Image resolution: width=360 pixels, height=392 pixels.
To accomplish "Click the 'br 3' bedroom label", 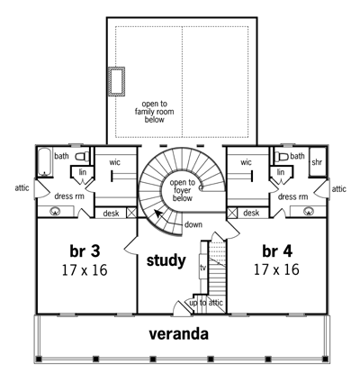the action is tap(85, 251).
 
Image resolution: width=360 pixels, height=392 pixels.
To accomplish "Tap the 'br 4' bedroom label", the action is tap(277, 251).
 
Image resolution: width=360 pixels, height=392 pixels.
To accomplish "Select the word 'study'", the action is tap(166, 260).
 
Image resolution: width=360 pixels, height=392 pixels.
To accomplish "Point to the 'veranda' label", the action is tap(179, 334).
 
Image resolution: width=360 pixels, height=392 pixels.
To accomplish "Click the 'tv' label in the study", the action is tap(202, 268).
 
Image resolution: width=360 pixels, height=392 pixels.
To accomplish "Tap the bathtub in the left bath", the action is tap(45, 162).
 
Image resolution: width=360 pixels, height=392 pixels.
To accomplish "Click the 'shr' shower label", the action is tap(317, 162).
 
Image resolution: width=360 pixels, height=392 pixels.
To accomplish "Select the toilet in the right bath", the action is tap(282, 157).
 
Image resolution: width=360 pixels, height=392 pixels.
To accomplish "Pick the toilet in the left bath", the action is tap(82, 157).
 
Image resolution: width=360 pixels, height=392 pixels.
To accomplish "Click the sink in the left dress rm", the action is tap(55, 211).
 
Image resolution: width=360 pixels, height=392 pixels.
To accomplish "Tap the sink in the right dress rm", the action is tap(308, 211).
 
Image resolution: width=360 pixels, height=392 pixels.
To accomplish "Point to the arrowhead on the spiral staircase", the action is tap(157, 214).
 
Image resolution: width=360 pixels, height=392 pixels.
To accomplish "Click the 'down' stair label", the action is tap(193, 224).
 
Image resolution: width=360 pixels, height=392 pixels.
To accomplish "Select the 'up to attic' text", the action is tap(206, 303).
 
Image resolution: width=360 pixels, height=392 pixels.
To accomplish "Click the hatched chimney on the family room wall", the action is tap(116, 82).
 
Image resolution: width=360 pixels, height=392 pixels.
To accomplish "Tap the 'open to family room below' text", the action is tap(154, 112).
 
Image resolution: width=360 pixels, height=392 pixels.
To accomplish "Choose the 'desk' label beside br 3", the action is tap(111, 214).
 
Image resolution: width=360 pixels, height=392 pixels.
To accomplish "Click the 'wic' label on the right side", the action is tap(246, 162).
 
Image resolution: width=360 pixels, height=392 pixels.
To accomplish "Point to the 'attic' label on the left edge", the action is tap(22, 188).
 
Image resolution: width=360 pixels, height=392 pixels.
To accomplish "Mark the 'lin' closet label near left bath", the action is tap(83, 172).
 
